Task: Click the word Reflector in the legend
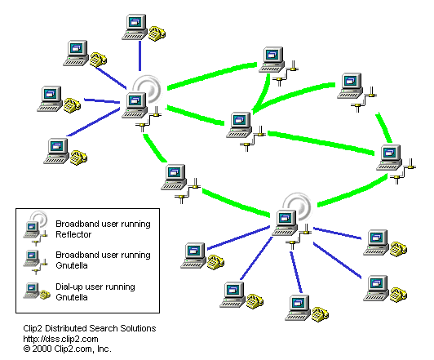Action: tap(73, 234)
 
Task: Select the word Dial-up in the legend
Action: tap(68, 287)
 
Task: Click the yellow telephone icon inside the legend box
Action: tap(45, 295)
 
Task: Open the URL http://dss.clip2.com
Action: tap(60, 339)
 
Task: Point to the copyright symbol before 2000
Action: tap(27, 349)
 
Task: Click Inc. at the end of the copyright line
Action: tap(104, 349)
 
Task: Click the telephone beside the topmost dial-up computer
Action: tap(157, 33)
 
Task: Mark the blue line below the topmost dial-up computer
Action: tap(139, 56)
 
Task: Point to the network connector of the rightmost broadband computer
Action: tap(403, 171)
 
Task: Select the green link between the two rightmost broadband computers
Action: tap(383, 127)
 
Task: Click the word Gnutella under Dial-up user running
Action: tap(72, 297)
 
